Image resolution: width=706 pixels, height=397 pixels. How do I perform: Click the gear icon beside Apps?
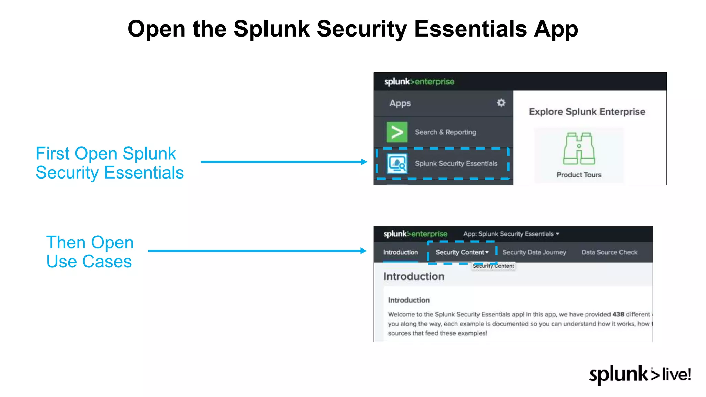(x=501, y=103)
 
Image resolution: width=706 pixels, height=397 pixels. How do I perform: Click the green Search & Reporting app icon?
(x=397, y=132)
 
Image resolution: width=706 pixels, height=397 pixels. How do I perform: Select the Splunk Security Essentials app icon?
(x=397, y=163)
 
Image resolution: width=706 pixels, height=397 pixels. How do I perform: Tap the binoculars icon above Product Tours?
(x=579, y=149)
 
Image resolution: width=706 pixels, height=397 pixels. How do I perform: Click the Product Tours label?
(x=579, y=175)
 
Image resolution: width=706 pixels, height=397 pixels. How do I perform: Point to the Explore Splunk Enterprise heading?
(x=587, y=112)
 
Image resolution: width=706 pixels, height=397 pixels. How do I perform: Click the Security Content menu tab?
(x=462, y=252)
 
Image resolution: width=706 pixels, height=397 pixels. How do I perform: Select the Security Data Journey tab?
(x=534, y=252)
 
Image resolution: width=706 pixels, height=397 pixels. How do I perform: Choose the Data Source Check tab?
(x=609, y=252)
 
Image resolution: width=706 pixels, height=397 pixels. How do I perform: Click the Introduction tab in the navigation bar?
(x=400, y=252)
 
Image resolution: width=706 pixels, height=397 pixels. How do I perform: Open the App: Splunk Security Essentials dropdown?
(x=511, y=234)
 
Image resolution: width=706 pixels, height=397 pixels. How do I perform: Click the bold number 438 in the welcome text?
(x=618, y=314)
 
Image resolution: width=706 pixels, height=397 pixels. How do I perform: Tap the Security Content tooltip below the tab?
(x=493, y=266)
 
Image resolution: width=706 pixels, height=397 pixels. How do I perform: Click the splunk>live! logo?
(x=640, y=375)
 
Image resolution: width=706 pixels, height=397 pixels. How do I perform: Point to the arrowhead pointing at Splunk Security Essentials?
(x=364, y=162)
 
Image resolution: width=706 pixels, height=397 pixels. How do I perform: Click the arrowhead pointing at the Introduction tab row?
(x=363, y=251)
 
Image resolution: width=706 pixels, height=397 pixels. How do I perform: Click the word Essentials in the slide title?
(x=470, y=29)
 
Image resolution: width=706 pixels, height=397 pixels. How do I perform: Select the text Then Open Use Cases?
(x=90, y=252)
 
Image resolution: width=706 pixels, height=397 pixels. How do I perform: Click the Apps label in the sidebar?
(x=400, y=103)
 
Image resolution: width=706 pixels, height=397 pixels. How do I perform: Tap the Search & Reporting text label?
(x=445, y=132)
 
